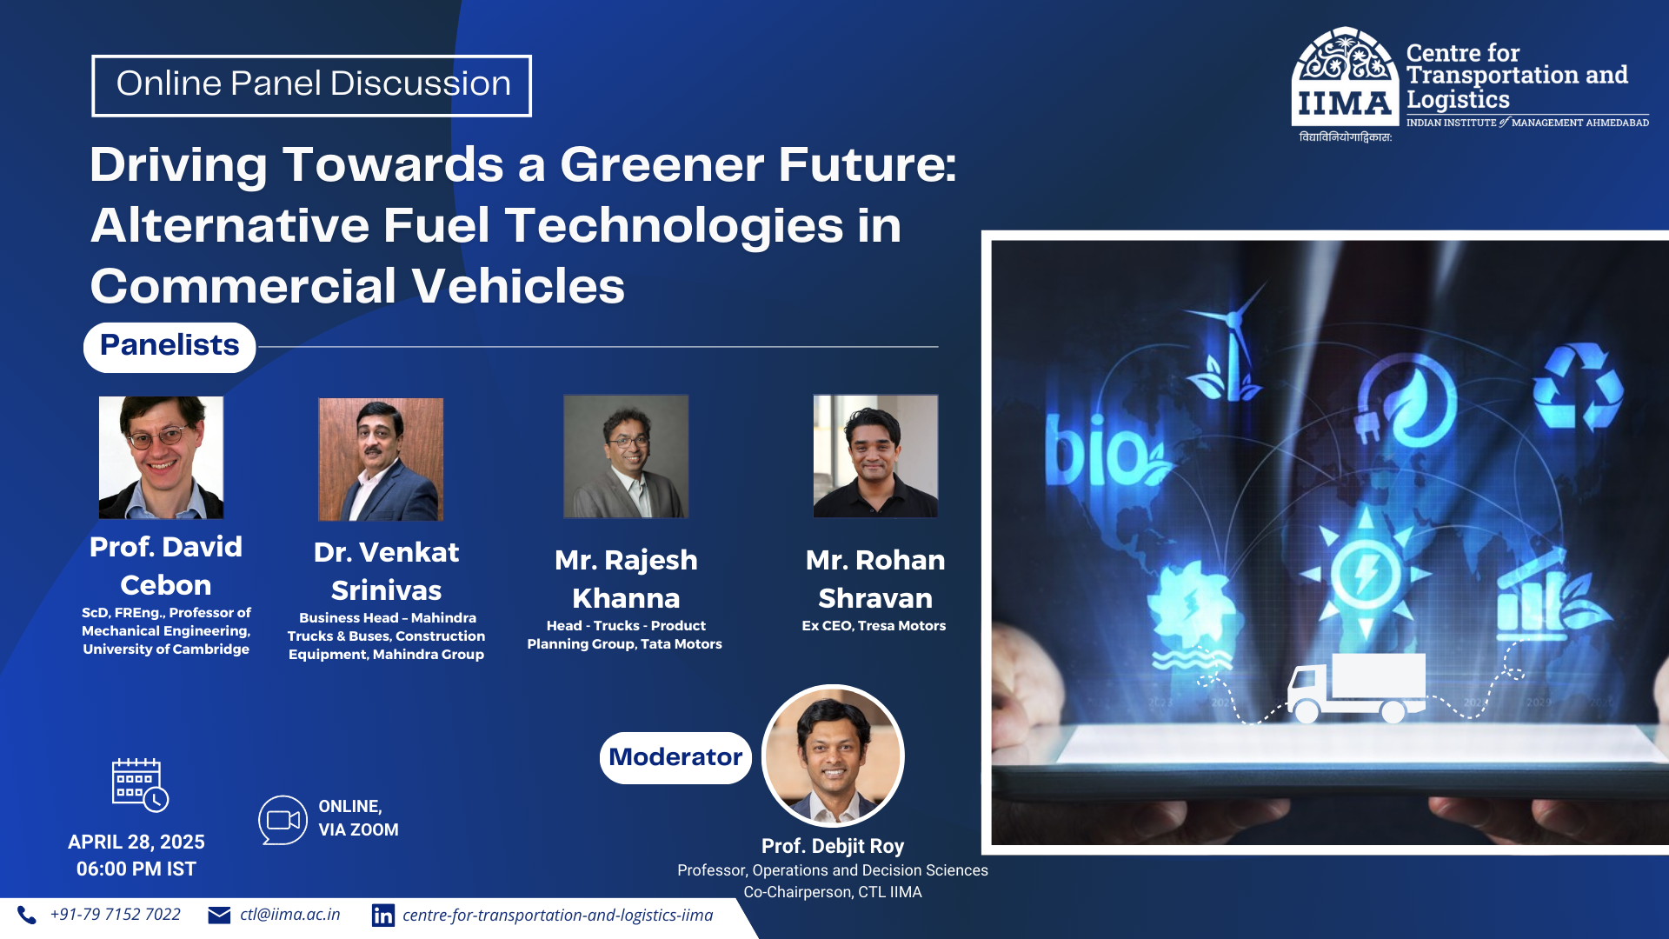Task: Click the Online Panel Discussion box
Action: click(x=311, y=85)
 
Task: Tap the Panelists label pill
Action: click(x=170, y=346)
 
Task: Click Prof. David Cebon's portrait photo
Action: click(x=161, y=457)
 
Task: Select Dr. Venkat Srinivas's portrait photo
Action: click(x=381, y=459)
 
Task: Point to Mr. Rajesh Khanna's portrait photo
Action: click(x=626, y=456)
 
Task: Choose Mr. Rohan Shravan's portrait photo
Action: click(x=875, y=456)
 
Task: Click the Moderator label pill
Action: click(x=675, y=757)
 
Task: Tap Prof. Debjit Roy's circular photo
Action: click(x=833, y=756)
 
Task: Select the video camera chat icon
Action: click(x=283, y=820)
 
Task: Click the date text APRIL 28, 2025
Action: click(x=136, y=842)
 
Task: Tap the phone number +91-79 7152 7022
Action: click(x=115, y=915)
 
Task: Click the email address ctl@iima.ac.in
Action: click(x=289, y=915)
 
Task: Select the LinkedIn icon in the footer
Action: click(x=382, y=916)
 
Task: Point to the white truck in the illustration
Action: click(x=1356, y=687)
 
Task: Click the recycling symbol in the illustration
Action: click(x=1577, y=386)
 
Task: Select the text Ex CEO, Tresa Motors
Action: click(x=874, y=626)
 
